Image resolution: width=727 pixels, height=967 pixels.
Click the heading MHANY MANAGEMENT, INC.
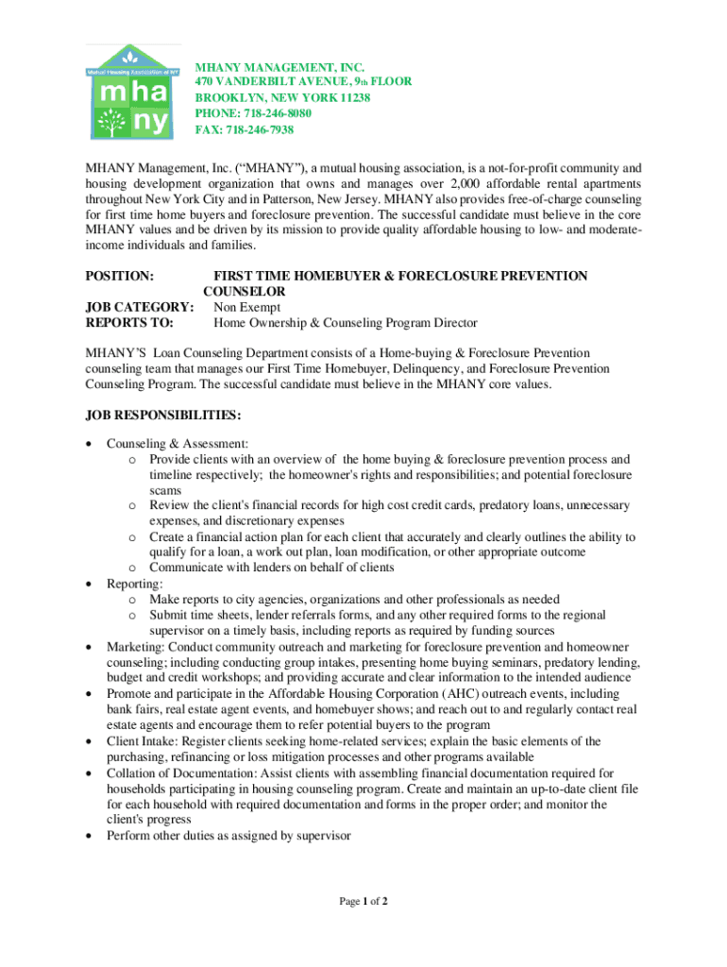pyautogui.click(x=279, y=67)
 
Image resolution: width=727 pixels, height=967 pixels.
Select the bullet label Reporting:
pyautogui.click(x=134, y=584)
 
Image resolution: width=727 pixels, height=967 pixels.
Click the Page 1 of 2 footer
pyautogui.click(x=363, y=901)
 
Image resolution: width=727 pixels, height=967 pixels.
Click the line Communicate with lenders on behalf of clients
pyautogui.click(x=271, y=568)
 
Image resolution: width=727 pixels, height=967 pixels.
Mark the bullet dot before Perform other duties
pyautogui.click(x=89, y=837)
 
